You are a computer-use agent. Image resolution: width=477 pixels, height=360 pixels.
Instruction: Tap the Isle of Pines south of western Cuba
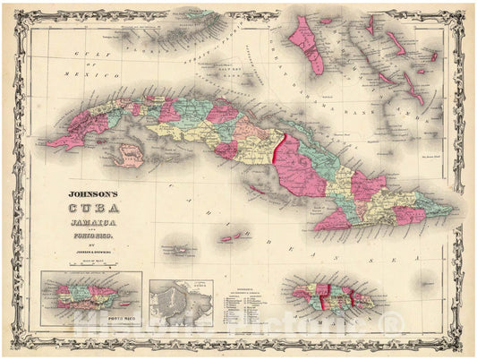(x=132, y=158)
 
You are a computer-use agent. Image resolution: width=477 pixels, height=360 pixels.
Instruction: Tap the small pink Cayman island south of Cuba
(x=231, y=238)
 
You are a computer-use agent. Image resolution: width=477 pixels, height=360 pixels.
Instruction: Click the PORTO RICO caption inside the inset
(x=90, y=317)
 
